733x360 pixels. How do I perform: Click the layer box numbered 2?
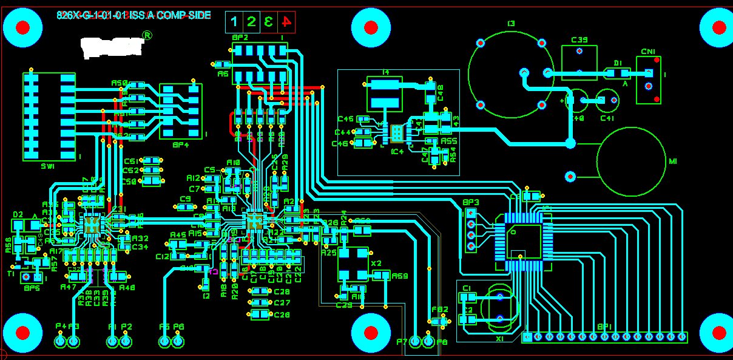click(251, 22)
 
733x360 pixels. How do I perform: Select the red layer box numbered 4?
click(286, 22)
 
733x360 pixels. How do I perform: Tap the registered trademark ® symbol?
click(147, 36)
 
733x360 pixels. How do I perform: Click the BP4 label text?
click(180, 144)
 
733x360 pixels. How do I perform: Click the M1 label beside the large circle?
click(672, 161)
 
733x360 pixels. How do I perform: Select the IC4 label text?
click(397, 151)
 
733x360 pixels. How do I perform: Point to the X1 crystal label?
click(499, 339)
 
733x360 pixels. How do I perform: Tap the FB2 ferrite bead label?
click(440, 310)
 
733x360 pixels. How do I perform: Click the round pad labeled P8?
click(429, 342)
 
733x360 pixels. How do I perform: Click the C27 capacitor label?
click(282, 302)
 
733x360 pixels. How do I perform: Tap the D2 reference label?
click(18, 214)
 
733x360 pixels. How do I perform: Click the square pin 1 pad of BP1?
click(527, 336)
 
